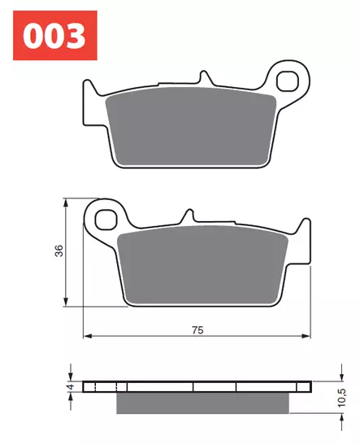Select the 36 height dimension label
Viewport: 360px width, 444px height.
tap(58, 251)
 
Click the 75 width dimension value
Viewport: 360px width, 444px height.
tap(197, 329)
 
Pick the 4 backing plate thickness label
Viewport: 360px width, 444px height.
tap(71, 387)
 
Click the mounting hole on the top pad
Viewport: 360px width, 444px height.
tap(288, 81)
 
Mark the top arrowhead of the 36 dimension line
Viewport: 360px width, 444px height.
tap(66, 202)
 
